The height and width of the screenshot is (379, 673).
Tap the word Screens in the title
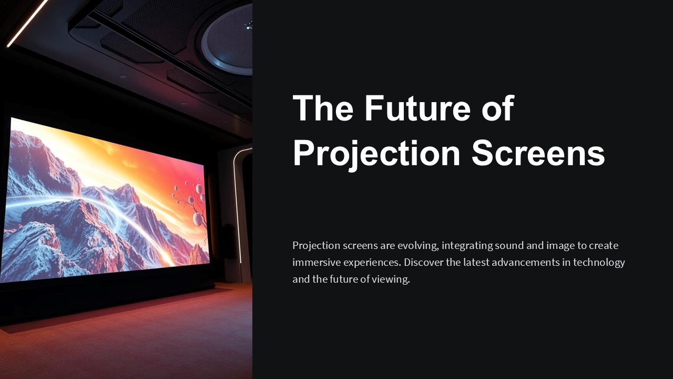538,154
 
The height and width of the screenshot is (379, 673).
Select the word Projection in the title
376,154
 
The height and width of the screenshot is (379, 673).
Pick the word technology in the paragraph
599,262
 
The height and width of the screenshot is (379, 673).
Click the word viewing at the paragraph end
391,279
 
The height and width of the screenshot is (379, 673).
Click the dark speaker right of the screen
228,241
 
